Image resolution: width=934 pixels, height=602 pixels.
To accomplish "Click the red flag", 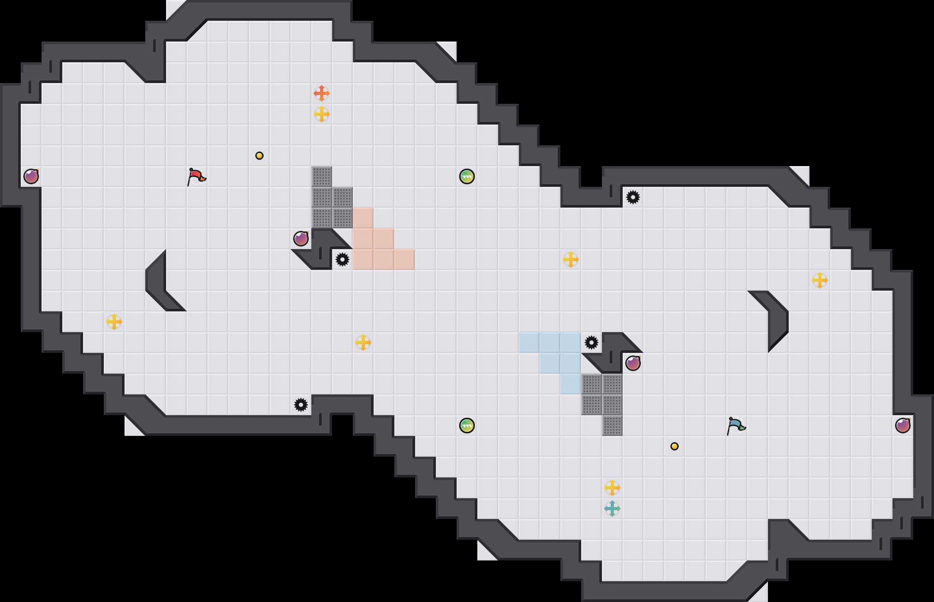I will [x=196, y=177].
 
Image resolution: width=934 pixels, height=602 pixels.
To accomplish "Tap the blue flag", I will [x=736, y=426].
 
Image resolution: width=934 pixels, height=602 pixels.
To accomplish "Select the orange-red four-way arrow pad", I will [x=322, y=93].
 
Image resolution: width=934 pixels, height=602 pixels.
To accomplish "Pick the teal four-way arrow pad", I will [x=612, y=509].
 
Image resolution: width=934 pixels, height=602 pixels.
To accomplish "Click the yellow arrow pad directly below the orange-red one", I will [x=322, y=114].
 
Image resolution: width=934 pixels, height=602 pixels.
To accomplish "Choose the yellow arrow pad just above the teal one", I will [x=612, y=488].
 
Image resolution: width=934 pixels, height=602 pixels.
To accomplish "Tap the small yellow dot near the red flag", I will [x=259, y=156].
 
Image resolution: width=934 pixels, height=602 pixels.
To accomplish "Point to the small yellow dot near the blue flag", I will [x=675, y=446].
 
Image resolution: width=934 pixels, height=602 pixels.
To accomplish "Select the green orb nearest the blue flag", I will [x=467, y=426].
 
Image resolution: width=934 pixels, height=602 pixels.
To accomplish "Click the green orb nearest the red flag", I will [x=467, y=176].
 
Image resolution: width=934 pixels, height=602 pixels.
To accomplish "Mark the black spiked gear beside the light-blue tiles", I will [x=592, y=343].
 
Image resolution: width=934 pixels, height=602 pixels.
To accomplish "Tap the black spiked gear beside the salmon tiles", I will [x=342, y=259].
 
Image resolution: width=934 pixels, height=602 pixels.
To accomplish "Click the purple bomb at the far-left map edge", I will [x=31, y=176].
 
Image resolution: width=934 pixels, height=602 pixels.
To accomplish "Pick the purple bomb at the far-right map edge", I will [x=903, y=426].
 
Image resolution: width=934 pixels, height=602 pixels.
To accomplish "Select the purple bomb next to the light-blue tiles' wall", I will [x=633, y=363].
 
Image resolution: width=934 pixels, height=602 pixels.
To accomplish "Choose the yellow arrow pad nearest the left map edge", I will [x=114, y=322].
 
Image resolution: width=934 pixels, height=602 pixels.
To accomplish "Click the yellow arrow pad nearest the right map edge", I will [x=820, y=280].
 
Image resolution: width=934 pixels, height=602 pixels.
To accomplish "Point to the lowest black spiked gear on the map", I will [x=301, y=405].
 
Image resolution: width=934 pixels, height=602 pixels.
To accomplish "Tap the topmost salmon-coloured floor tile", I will [x=363, y=218].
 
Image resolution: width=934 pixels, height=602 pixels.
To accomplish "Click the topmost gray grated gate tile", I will [x=322, y=176].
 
